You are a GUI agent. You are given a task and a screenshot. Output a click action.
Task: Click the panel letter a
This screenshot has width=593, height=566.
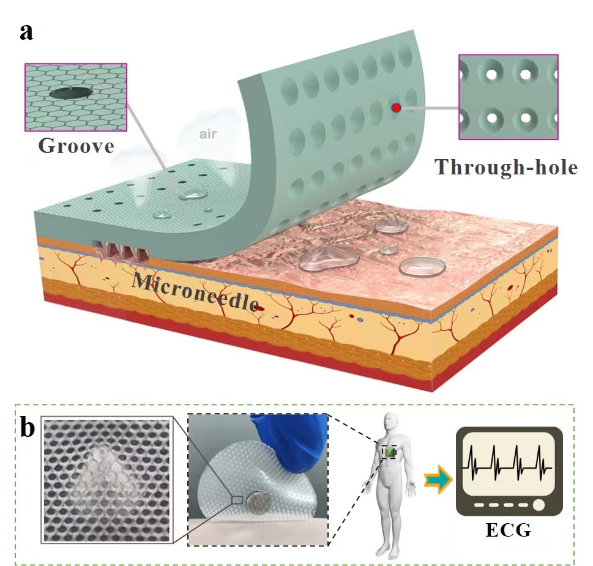(26, 32)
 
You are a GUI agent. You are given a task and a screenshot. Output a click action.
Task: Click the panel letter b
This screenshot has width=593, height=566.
(28, 427)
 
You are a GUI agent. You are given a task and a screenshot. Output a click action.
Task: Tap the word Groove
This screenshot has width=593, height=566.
(76, 146)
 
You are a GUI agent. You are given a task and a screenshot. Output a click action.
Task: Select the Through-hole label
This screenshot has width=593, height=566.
(506, 166)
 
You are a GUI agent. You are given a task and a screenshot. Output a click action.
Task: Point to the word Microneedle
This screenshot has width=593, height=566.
(195, 292)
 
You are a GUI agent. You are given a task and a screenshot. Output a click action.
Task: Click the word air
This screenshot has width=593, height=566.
(208, 134)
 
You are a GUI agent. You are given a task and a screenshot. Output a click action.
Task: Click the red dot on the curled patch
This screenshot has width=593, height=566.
(396, 108)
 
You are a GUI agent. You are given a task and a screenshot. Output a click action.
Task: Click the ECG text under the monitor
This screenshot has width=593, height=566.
(509, 530)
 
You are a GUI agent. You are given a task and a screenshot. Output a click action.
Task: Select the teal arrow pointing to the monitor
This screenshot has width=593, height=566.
(438, 479)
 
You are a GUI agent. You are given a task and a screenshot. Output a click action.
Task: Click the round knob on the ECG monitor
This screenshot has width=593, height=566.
(539, 505)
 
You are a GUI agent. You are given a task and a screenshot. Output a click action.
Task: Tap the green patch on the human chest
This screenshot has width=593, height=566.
(390, 452)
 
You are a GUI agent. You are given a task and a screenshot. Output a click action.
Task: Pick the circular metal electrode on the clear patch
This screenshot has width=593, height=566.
(259, 502)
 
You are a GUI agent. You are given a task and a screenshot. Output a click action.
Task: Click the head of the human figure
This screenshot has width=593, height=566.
(391, 423)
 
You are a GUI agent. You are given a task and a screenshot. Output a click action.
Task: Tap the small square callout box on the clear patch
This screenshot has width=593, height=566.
(237, 500)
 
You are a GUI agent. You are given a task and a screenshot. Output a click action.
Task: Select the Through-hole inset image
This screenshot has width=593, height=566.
(509, 97)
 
